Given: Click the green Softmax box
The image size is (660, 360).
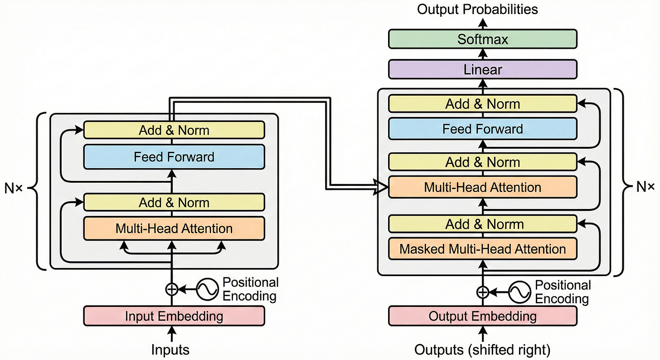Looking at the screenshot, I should click(x=483, y=39).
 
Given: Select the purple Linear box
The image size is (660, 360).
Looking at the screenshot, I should click(x=483, y=70).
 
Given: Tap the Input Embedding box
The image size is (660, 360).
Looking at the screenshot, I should click(x=174, y=316).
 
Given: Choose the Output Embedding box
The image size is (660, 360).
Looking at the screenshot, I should click(x=483, y=316).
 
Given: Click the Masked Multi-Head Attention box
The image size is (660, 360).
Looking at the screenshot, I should click(x=483, y=248).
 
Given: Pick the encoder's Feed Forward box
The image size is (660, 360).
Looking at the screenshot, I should click(x=174, y=157).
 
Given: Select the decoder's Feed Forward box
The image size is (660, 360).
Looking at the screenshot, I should click(x=483, y=129).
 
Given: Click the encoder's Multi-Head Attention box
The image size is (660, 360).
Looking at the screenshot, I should click(x=174, y=228).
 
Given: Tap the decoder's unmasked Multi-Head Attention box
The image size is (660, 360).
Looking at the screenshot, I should click(x=483, y=187).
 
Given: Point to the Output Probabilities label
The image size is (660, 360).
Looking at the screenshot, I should click(x=477, y=9).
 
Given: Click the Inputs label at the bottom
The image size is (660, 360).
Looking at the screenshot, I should click(x=170, y=350).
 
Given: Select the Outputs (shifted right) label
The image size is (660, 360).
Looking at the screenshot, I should click(x=482, y=350).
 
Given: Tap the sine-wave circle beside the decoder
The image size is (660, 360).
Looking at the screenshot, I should click(x=519, y=292).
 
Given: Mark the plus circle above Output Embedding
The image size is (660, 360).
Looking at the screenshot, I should click(x=483, y=292).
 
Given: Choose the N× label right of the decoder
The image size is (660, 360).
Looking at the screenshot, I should click(x=644, y=187).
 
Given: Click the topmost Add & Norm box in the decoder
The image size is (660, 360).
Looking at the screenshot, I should click(x=483, y=104).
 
